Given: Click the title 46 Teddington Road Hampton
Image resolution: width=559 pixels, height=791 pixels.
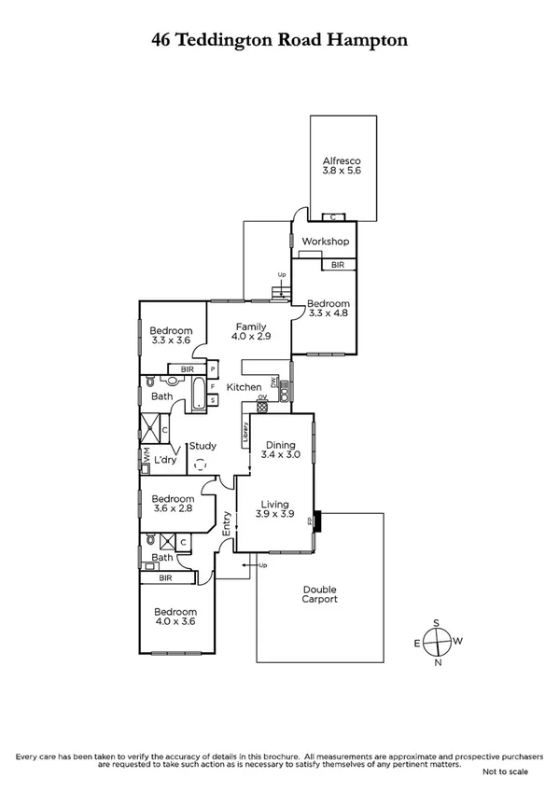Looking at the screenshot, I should [x=279, y=40].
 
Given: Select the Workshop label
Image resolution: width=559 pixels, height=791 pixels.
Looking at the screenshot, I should [x=325, y=243].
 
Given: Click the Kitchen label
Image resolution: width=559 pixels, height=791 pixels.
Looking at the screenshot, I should [x=244, y=387].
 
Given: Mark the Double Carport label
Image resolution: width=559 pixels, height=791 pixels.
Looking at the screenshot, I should [x=320, y=594].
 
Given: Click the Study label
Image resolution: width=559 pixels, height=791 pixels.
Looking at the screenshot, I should [x=203, y=446].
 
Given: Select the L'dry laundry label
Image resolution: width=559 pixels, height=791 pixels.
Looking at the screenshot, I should [x=168, y=462].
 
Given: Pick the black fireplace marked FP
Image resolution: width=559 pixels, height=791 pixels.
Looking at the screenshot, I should [x=318, y=520].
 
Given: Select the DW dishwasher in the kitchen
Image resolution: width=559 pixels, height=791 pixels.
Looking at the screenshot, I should [x=274, y=382].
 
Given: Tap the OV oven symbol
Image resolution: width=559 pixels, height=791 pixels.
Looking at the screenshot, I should [x=262, y=403].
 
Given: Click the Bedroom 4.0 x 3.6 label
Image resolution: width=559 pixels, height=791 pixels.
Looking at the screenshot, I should [x=176, y=618].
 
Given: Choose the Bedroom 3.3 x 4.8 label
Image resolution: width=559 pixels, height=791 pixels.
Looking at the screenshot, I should [x=328, y=309].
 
